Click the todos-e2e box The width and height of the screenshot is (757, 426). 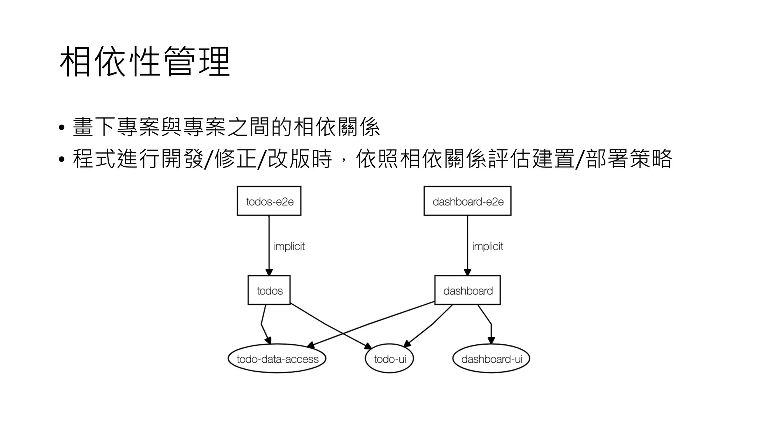tap(269, 201)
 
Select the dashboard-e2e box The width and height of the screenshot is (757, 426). tap(468, 201)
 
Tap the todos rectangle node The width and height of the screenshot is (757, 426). tap(269, 290)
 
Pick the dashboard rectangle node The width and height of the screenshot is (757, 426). tap(468, 290)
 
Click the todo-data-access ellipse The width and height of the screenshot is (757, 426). tap(277, 359)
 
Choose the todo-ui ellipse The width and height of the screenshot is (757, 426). tap(389, 359)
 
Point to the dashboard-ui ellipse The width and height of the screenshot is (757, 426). tap(491, 359)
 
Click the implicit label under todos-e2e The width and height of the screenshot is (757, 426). tap(289, 246)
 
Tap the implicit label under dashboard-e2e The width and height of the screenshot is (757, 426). tap(488, 246)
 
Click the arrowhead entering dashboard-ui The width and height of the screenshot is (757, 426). tap(491, 341)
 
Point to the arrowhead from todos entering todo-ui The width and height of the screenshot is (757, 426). tap(368, 346)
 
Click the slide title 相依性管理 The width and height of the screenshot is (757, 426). tap(145, 62)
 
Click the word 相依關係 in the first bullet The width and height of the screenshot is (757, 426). tap(336, 127)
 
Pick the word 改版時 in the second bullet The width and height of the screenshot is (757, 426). tap(300, 159)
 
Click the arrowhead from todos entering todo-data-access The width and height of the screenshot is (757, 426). tap(268, 340)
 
